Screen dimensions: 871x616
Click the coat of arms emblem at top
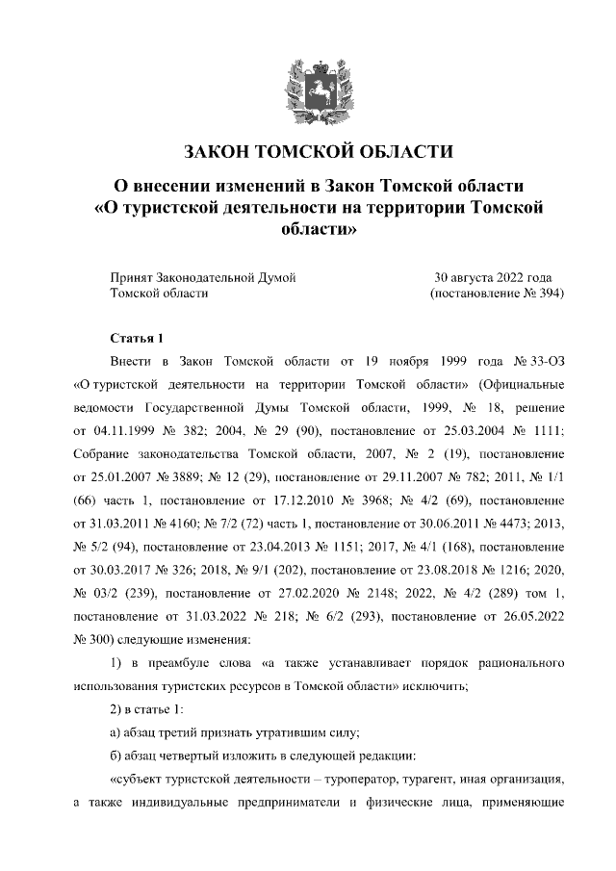[x=308, y=89]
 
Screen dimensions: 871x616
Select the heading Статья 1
[x=139, y=338]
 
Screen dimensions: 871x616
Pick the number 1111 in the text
[x=544, y=428]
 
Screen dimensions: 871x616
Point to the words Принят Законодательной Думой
[x=202, y=277]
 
